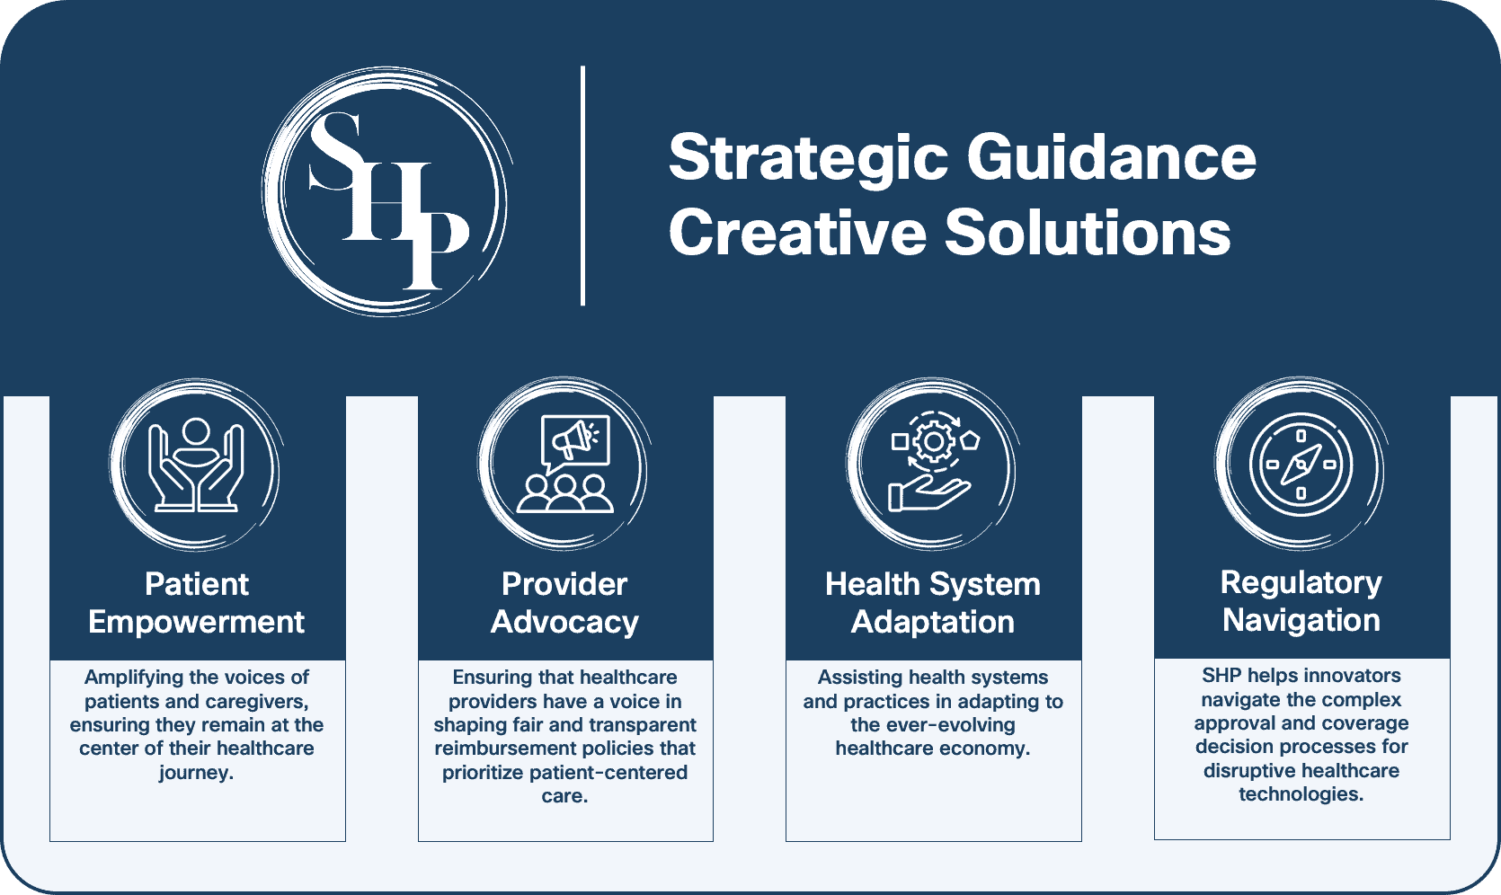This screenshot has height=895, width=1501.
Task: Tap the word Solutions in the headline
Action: [x=1088, y=233]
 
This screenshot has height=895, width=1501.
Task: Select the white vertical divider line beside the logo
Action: [x=583, y=186]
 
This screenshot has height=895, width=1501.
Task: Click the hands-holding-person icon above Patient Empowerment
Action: [x=196, y=465]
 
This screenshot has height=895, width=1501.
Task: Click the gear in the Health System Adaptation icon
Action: [x=934, y=441]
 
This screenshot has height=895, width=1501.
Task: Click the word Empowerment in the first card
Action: [x=196, y=622]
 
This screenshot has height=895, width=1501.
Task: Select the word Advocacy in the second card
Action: [x=564, y=622]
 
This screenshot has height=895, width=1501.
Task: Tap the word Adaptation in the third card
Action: [x=933, y=622]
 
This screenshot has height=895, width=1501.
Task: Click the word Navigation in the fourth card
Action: [x=1301, y=620]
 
